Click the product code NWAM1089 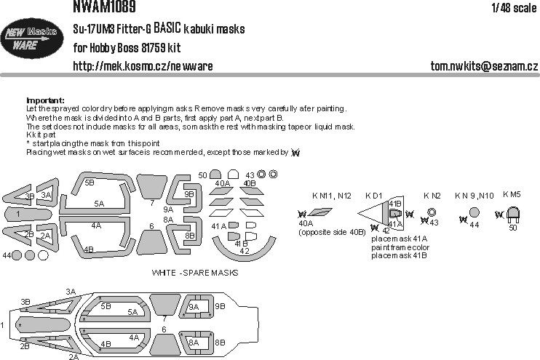[102, 7]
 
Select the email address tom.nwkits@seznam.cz [472, 66]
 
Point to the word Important [45, 100]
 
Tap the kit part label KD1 [374, 196]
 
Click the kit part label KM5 [512, 196]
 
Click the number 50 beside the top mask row [203, 175]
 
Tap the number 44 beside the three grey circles [7, 256]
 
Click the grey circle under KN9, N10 [474, 213]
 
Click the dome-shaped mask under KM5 [512, 215]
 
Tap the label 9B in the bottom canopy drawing [221, 306]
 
